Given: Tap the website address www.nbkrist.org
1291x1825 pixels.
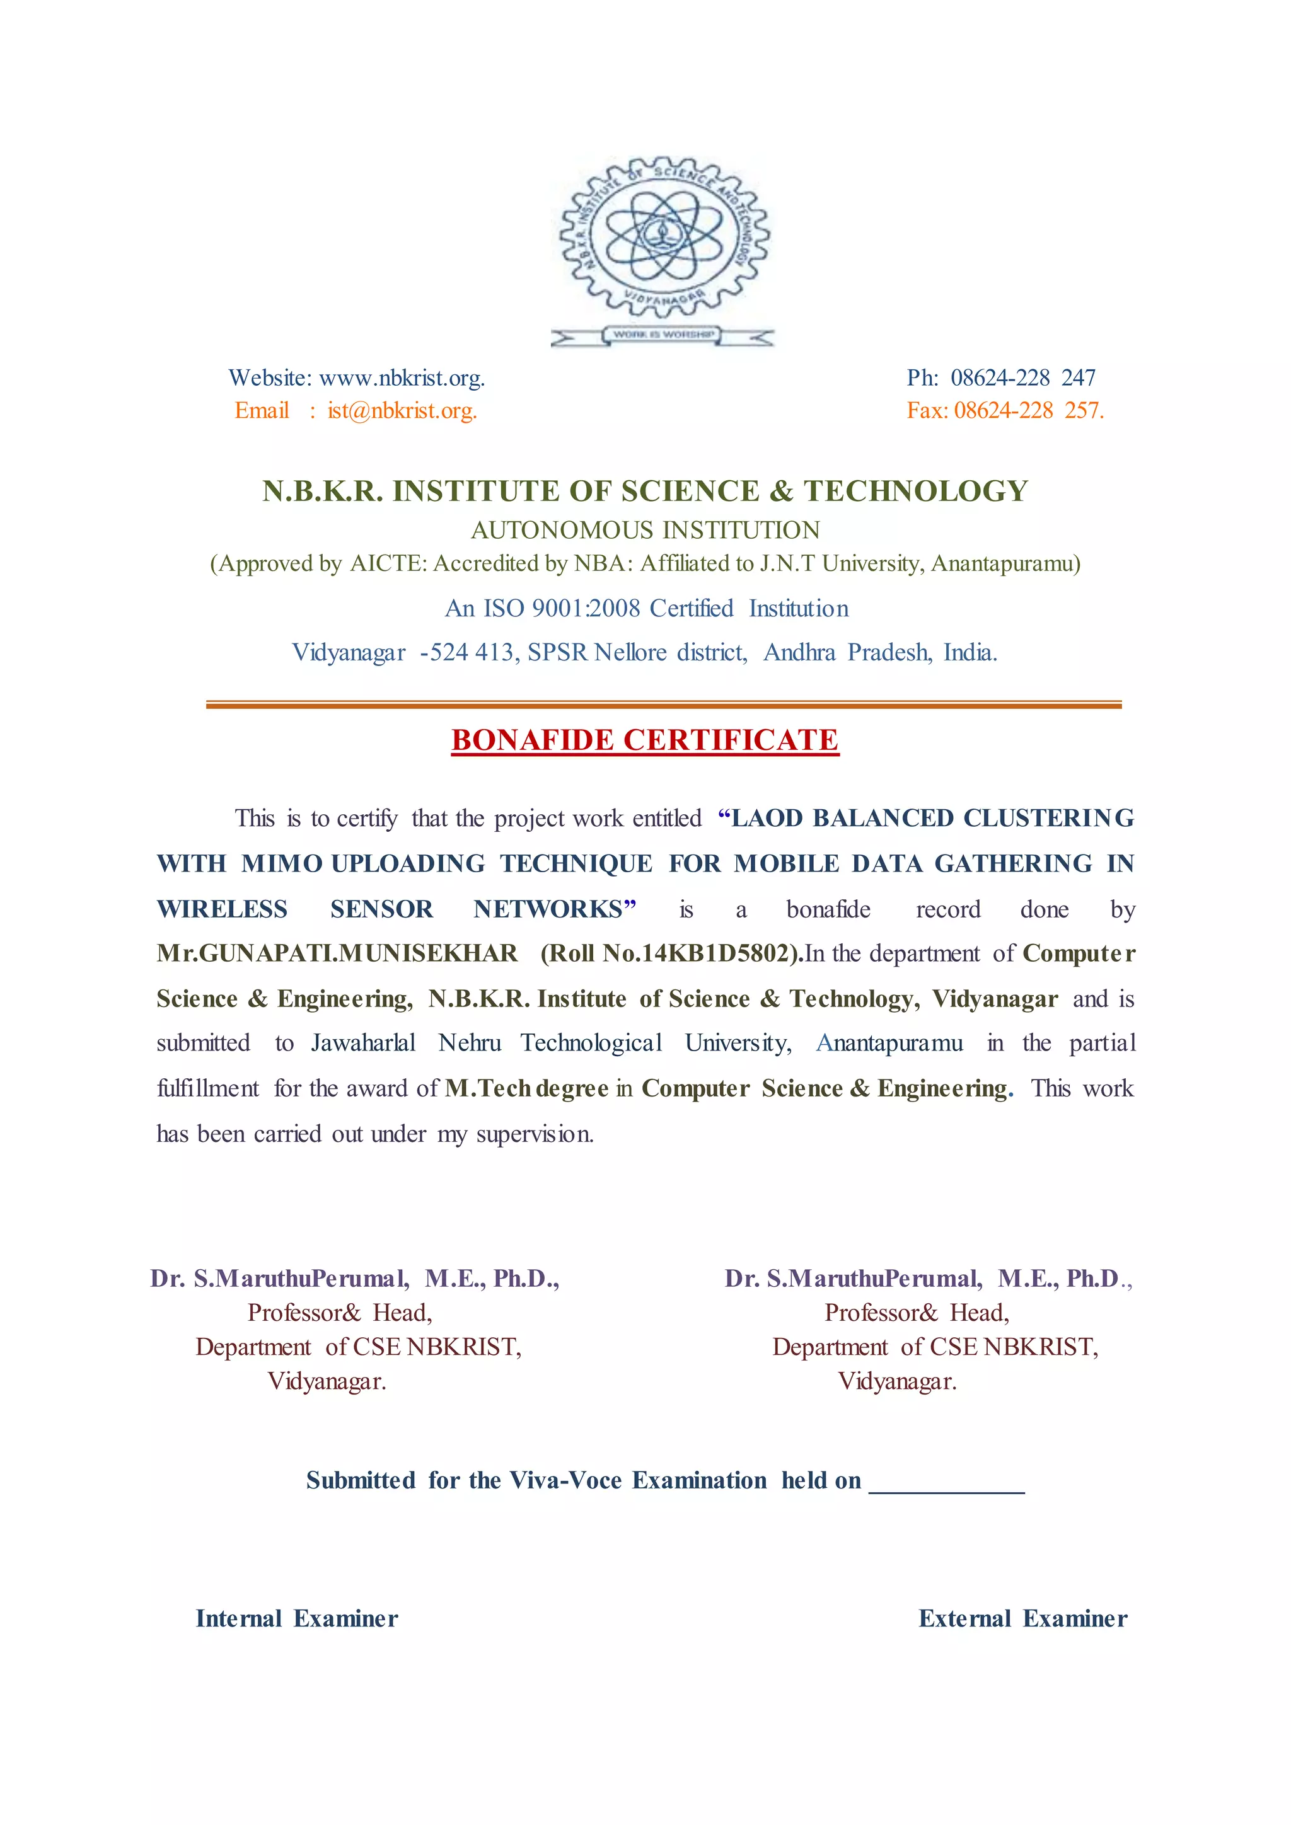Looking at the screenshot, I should [402, 377].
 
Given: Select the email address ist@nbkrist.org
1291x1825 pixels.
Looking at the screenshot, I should [402, 411].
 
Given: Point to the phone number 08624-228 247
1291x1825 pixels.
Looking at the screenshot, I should [1023, 377].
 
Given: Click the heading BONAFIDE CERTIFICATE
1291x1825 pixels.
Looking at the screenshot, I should [645, 740].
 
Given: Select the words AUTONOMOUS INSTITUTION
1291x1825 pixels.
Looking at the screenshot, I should [645, 530].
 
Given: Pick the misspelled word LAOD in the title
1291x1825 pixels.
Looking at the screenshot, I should [764, 818].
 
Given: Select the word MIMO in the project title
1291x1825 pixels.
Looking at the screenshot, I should [282, 863].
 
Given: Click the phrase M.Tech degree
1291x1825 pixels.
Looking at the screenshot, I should [526, 1088].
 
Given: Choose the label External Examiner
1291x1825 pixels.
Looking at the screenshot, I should [1022, 1619].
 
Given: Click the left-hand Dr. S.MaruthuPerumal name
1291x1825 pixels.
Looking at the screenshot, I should [279, 1279].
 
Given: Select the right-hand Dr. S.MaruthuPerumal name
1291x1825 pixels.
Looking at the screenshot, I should [852, 1279].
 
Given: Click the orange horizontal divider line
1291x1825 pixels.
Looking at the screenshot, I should [663, 705].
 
